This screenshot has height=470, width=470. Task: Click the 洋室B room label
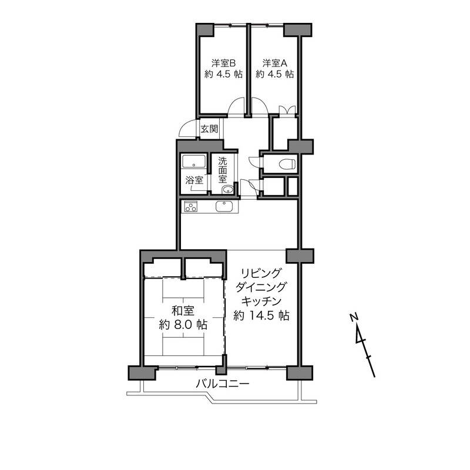point(224,63)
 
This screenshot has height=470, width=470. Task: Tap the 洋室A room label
point(275,63)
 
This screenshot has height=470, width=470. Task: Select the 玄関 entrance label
point(209,129)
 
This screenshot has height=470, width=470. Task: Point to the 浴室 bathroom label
point(194,180)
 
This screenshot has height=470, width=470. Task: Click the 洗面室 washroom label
point(223,170)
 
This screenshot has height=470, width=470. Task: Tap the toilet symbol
point(287,164)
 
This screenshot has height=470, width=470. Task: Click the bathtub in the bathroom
point(194,162)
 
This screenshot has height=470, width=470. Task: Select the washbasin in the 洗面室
point(227,189)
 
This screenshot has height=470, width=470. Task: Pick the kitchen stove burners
point(190,207)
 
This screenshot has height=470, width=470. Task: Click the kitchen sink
point(224,207)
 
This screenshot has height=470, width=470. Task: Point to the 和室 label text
point(183,311)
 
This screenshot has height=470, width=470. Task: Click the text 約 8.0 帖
point(183,325)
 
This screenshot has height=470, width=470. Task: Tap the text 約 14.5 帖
point(261,315)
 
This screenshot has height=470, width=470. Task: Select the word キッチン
point(261,301)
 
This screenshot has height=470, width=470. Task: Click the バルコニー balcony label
point(223,384)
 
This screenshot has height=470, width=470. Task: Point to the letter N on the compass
point(354,317)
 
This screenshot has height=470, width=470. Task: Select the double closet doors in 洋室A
point(287,110)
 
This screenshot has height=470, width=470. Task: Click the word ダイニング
point(260,287)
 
